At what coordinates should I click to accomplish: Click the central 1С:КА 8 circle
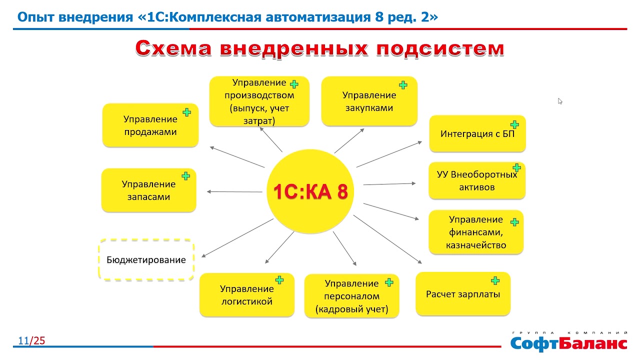coord(310,191)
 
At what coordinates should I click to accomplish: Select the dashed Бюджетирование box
coord(146,259)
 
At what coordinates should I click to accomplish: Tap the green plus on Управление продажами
coord(187,112)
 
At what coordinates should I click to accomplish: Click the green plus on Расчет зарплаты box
coord(495,280)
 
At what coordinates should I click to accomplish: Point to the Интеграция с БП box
coord(477,133)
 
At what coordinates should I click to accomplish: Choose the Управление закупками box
coord(369,101)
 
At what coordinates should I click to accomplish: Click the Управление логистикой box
coord(247,294)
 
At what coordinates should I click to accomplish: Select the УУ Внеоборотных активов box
coord(477,180)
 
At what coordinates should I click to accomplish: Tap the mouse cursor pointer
coord(560,101)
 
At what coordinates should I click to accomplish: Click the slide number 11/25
coord(31,340)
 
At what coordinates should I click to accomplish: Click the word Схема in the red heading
coord(173,48)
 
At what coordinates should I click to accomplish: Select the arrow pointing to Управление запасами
coord(234,191)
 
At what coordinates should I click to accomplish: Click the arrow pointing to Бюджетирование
coord(237,238)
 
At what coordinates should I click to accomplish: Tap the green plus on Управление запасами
coord(185,176)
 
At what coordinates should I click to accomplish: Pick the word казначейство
coord(476,245)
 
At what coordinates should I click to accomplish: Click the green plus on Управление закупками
coord(403,85)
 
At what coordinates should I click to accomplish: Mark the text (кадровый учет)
coord(351,309)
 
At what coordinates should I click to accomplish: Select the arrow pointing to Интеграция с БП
coord(389,154)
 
